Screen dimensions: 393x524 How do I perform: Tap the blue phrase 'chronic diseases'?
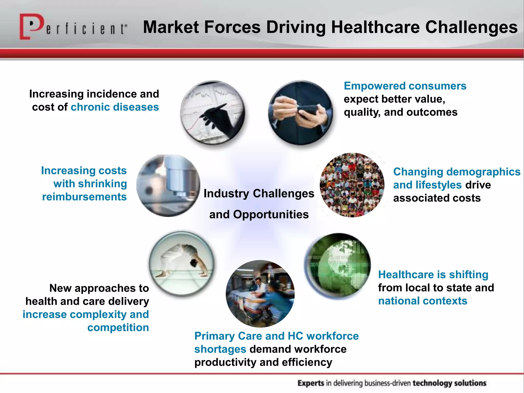(115, 107)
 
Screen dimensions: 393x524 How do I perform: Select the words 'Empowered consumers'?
(405, 86)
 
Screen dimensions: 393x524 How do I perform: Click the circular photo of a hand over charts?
(212, 113)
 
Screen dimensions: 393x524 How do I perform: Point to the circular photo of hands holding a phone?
(301, 113)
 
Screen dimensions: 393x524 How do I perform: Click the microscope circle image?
(168, 186)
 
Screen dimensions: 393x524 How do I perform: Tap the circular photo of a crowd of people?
(352, 185)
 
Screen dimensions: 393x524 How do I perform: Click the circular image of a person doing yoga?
(182, 264)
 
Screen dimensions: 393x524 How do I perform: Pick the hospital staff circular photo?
(260, 293)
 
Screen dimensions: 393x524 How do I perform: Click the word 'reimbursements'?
(84, 197)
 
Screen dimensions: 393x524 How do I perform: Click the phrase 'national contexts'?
(423, 301)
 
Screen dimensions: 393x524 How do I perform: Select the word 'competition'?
(118, 328)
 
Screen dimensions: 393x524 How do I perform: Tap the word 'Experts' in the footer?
(311, 383)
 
